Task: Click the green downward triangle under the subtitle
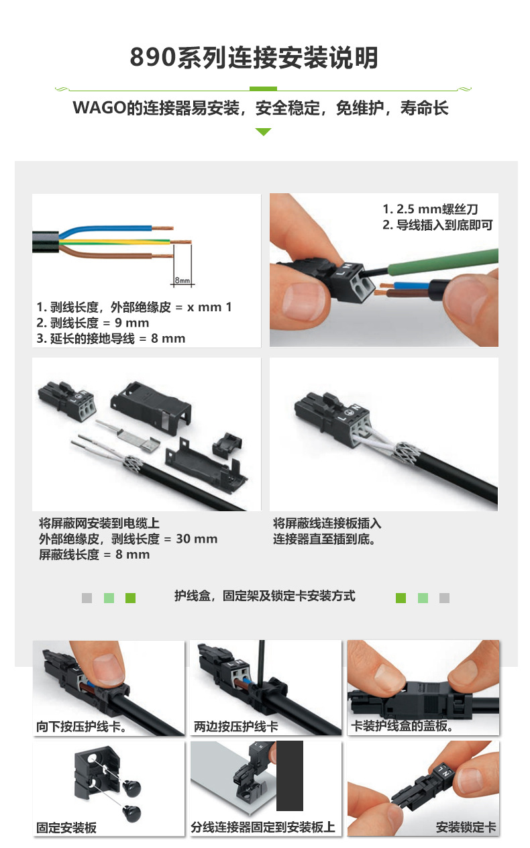(263, 132)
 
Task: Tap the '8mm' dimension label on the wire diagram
(182, 279)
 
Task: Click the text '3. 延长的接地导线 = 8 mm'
(111, 338)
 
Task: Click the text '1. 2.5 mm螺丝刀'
(430, 209)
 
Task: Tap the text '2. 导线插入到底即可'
(437, 225)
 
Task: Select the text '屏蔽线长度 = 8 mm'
(95, 555)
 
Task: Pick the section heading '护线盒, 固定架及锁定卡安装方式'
(264, 596)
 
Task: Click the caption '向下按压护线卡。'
(81, 727)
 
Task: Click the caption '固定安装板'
(66, 828)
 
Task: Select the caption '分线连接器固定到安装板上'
(263, 827)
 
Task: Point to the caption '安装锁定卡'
(466, 827)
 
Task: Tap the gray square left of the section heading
(87, 598)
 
